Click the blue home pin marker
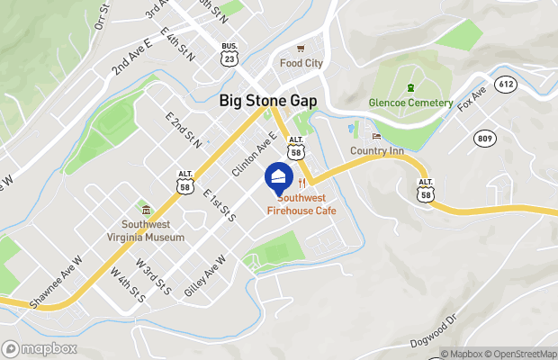click(x=278, y=176)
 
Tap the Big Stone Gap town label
click(x=268, y=102)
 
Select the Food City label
click(x=301, y=64)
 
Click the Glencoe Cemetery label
click(x=411, y=103)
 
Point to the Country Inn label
click(x=376, y=150)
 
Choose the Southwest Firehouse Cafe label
click(x=301, y=204)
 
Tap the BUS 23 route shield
click(x=229, y=54)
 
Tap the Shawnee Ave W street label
click(x=56, y=283)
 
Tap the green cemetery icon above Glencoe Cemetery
click(x=410, y=87)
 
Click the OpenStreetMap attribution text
click(x=521, y=354)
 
